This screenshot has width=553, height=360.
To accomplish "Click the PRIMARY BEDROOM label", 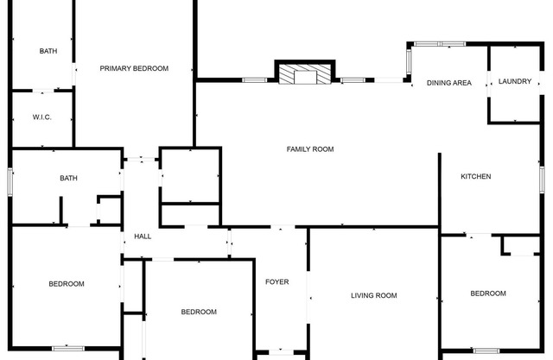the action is point(134,68).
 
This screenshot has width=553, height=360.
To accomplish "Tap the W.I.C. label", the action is point(42,117).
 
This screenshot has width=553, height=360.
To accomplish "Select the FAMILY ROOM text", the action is point(310,149).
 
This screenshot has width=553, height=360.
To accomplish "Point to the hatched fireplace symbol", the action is point(305,73).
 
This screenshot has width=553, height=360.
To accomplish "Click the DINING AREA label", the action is point(449,83).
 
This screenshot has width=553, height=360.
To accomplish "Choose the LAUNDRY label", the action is point(515,81).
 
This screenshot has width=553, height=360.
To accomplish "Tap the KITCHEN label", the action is point(476,176).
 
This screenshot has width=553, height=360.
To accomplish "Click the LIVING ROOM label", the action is point(374,295).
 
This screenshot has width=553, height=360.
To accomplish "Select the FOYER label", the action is point(276,281).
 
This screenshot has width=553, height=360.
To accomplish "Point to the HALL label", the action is point(143,237).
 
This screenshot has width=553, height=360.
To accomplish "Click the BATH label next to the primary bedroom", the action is point(48,51).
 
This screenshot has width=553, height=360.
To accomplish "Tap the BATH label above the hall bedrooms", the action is point(69,178).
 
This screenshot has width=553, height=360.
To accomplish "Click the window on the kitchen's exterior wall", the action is point(542,180).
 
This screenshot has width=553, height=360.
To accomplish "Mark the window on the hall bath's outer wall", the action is point(10,181).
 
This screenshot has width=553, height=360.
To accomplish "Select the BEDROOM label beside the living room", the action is point(488,294).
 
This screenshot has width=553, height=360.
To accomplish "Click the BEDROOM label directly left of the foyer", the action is point(199,312).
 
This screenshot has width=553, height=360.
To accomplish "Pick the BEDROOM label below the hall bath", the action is point(67,284).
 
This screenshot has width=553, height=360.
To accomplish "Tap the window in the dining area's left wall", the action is point(409,61).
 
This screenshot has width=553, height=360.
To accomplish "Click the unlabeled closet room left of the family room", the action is point(190,175).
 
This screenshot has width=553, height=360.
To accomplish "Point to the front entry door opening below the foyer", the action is point(281,352).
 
